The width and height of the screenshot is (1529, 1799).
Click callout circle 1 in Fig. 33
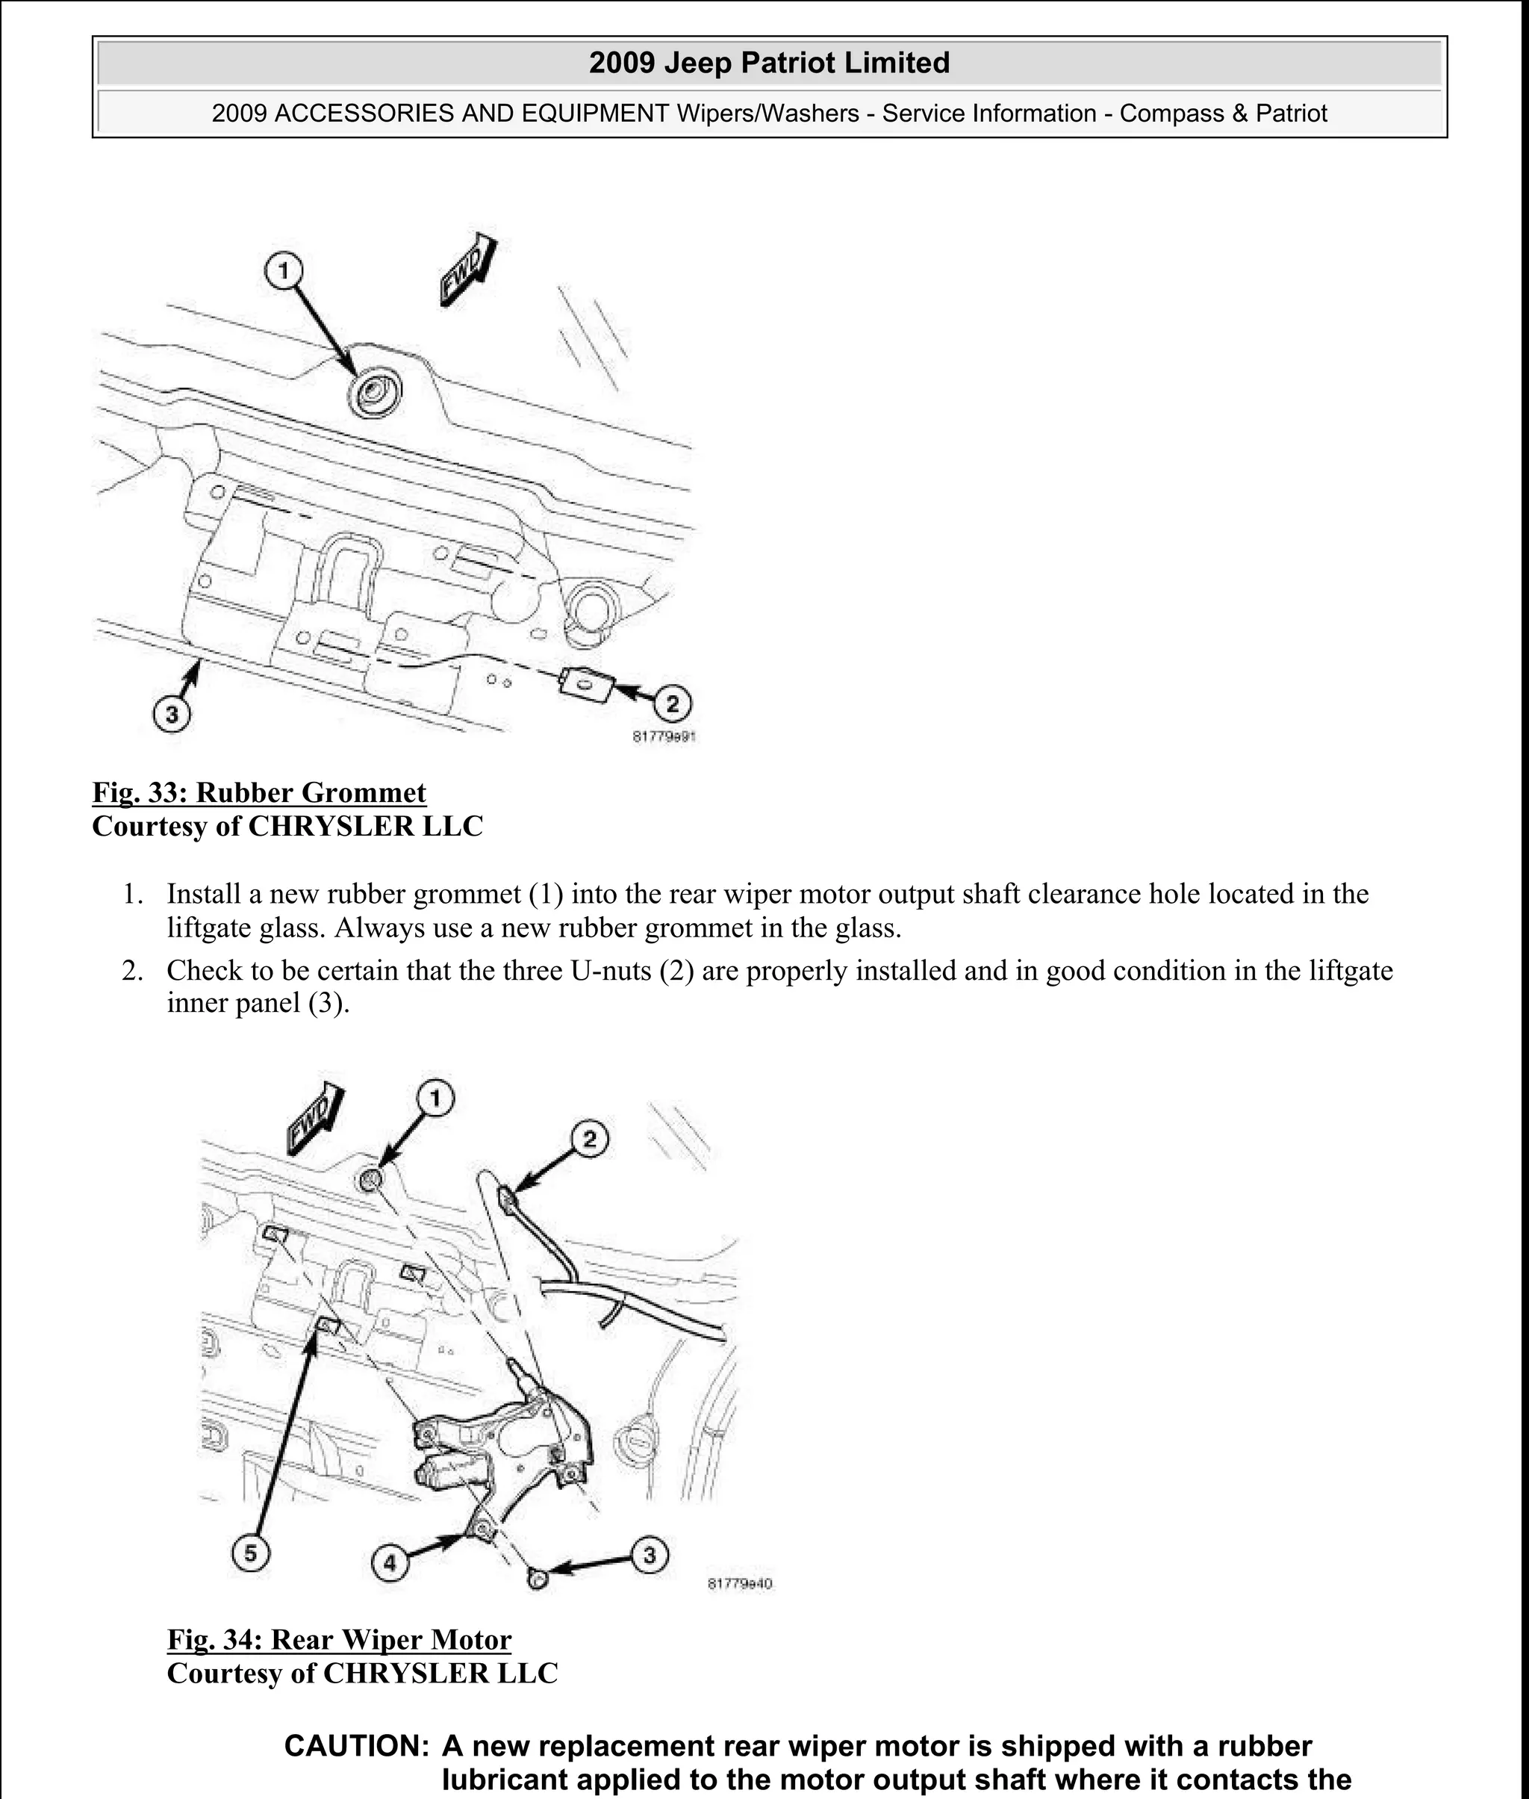[284, 271]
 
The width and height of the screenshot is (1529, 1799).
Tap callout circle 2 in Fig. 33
[673, 703]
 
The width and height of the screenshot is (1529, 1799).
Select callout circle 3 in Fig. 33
[172, 715]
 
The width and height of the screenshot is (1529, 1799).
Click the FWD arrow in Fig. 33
[468, 270]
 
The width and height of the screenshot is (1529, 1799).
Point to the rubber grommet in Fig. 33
[375, 392]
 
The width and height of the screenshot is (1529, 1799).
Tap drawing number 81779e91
[664, 737]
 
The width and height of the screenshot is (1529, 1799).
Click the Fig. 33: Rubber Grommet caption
[259, 792]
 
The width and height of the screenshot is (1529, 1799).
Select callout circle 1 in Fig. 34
[435, 1099]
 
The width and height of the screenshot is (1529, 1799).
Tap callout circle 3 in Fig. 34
[650, 1556]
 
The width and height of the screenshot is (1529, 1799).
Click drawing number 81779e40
[739, 1583]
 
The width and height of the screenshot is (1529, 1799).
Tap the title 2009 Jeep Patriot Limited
[769, 63]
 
